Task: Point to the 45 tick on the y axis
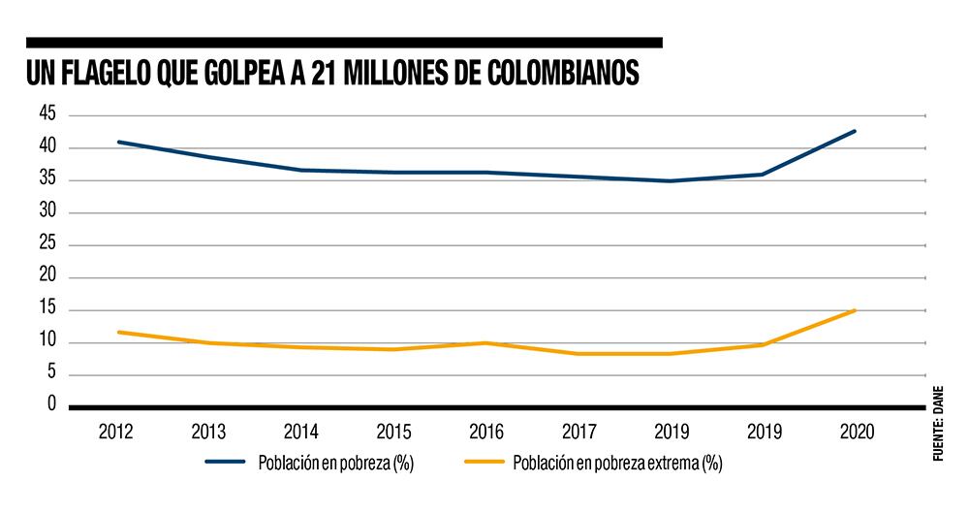tap(48, 114)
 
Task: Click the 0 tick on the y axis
tap(52, 404)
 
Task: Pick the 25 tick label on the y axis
tap(48, 244)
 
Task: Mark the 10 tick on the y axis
tap(48, 341)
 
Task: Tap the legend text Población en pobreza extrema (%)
tap(617, 463)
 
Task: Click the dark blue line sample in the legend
tap(227, 463)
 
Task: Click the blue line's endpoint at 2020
tap(855, 131)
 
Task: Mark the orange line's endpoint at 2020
tap(855, 310)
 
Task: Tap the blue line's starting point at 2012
tap(118, 142)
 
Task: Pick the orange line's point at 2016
tap(485, 342)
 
